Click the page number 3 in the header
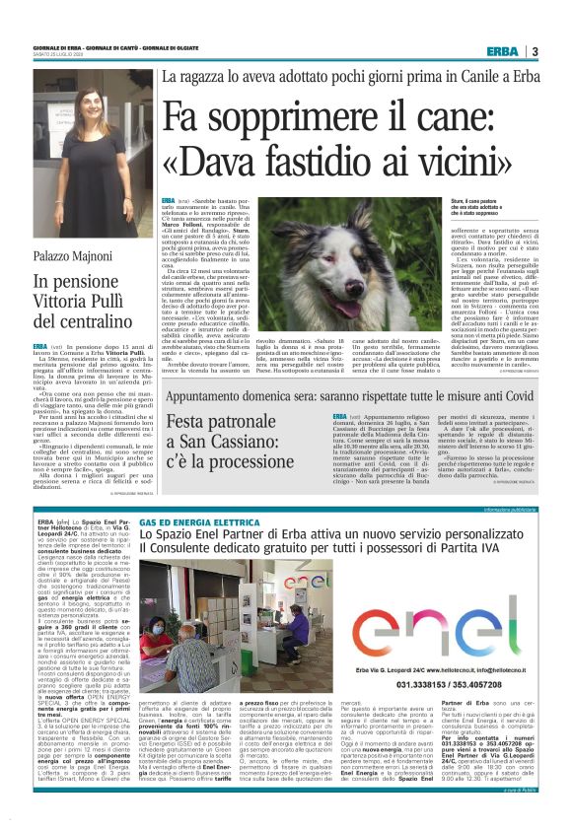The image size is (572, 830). pos(536,51)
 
